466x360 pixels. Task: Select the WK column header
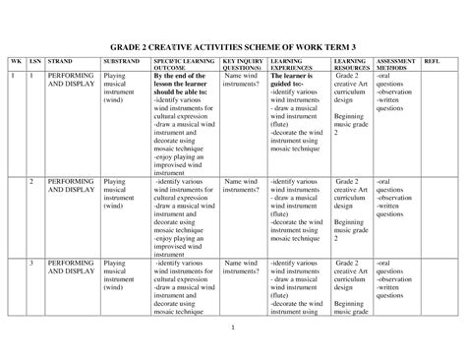pyautogui.click(x=14, y=62)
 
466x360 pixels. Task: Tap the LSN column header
pyautogui.click(x=32, y=62)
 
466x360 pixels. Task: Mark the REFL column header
pyautogui.click(x=431, y=62)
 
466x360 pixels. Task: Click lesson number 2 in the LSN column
pyautogui.click(x=31, y=182)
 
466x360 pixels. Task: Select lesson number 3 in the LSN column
pyautogui.click(x=31, y=265)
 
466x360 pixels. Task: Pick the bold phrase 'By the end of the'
pyautogui.click(x=181, y=76)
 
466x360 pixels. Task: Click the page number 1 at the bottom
pyautogui.click(x=233, y=326)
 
